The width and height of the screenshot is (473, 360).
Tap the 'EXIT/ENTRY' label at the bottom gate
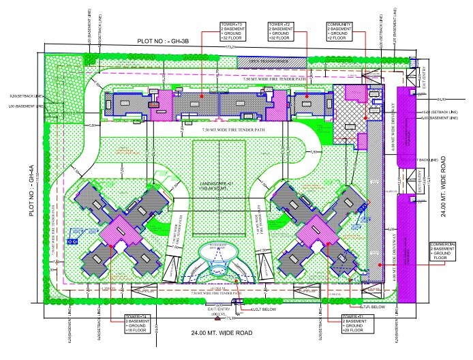click(219, 309)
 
